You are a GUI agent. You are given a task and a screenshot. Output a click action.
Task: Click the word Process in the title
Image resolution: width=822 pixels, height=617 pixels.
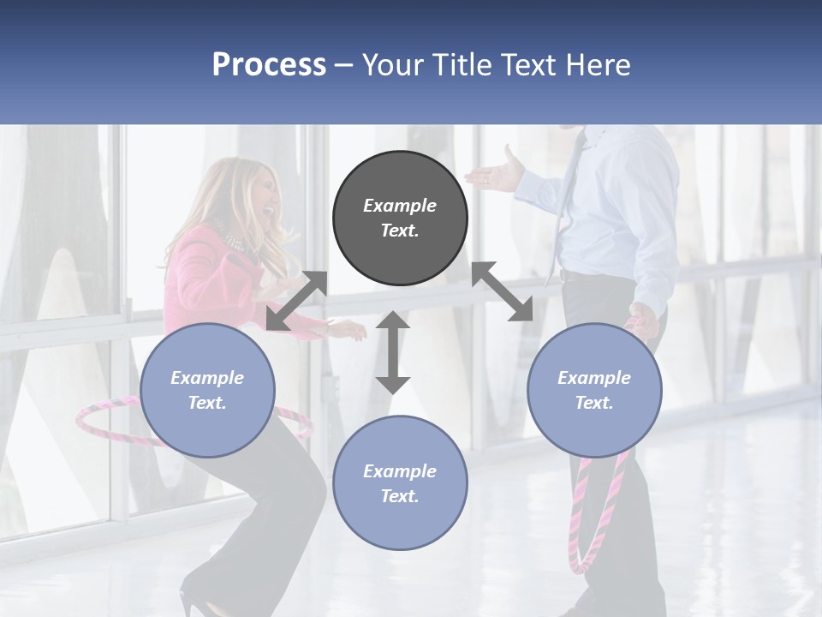click(x=269, y=65)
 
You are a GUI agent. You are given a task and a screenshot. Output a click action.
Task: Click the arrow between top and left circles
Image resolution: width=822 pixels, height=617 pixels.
click(x=296, y=301)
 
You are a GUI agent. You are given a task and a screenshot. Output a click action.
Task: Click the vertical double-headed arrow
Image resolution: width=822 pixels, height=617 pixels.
click(x=393, y=353)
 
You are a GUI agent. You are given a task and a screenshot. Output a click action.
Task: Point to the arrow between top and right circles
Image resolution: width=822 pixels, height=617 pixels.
click(x=503, y=291)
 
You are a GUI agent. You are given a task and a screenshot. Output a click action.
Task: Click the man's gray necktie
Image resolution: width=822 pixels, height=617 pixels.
click(x=564, y=206)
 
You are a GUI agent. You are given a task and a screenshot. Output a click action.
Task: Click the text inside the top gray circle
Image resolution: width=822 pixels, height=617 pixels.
click(x=400, y=218)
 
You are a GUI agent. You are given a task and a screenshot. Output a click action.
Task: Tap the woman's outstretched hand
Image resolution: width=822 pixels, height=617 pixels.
click(x=348, y=328)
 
